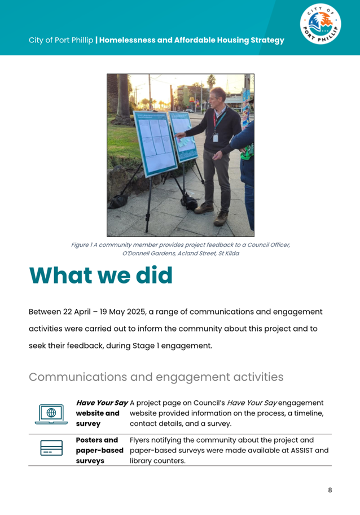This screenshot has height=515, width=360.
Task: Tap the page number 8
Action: coord(330,490)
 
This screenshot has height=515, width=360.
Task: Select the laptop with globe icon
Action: coord(51,413)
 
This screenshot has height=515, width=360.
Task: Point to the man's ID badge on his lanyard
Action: coord(214,137)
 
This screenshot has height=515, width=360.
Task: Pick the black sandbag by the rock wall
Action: coord(118,200)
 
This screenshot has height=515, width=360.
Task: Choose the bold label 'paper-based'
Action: coord(99,451)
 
